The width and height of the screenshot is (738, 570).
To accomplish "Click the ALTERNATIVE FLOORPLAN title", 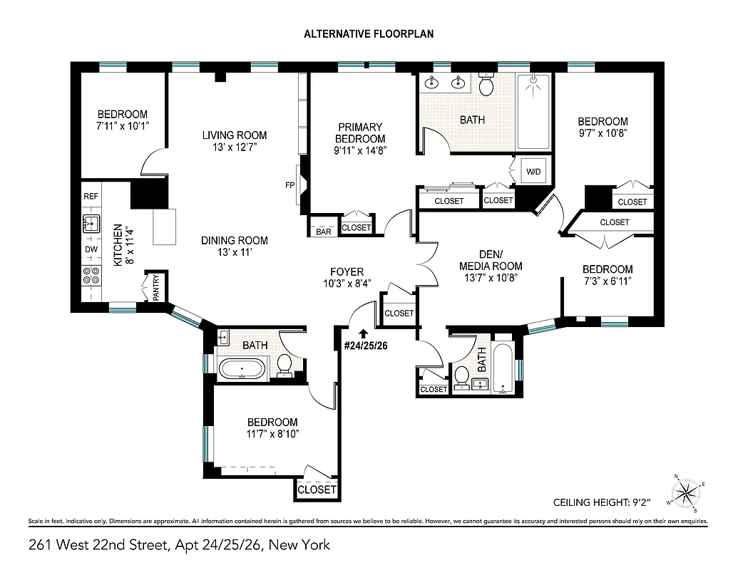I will [x=369, y=33].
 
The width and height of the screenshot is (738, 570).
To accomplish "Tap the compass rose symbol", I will [x=686, y=492].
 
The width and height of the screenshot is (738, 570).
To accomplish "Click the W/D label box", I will [x=533, y=172].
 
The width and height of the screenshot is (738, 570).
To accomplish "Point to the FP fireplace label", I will [x=290, y=185].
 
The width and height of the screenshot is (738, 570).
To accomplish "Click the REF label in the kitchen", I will [x=91, y=196].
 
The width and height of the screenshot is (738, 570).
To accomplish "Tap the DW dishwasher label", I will [x=91, y=249].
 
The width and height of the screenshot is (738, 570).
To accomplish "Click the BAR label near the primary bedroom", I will [x=323, y=232].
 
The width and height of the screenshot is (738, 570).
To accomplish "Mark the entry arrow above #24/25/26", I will [x=364, y=332].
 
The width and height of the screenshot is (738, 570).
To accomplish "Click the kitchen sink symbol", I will [x=92, y=223].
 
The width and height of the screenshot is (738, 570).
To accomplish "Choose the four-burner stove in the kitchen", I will [x=92, y=276].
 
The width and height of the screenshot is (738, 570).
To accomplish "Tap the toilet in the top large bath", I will [x=487, y=86].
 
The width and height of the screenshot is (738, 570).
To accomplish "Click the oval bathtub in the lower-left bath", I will [x=241, y=369].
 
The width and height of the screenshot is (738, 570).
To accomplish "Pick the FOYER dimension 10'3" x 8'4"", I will [x=347, y=284].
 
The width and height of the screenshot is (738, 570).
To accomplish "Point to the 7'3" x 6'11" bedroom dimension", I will [x=608, y=281].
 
